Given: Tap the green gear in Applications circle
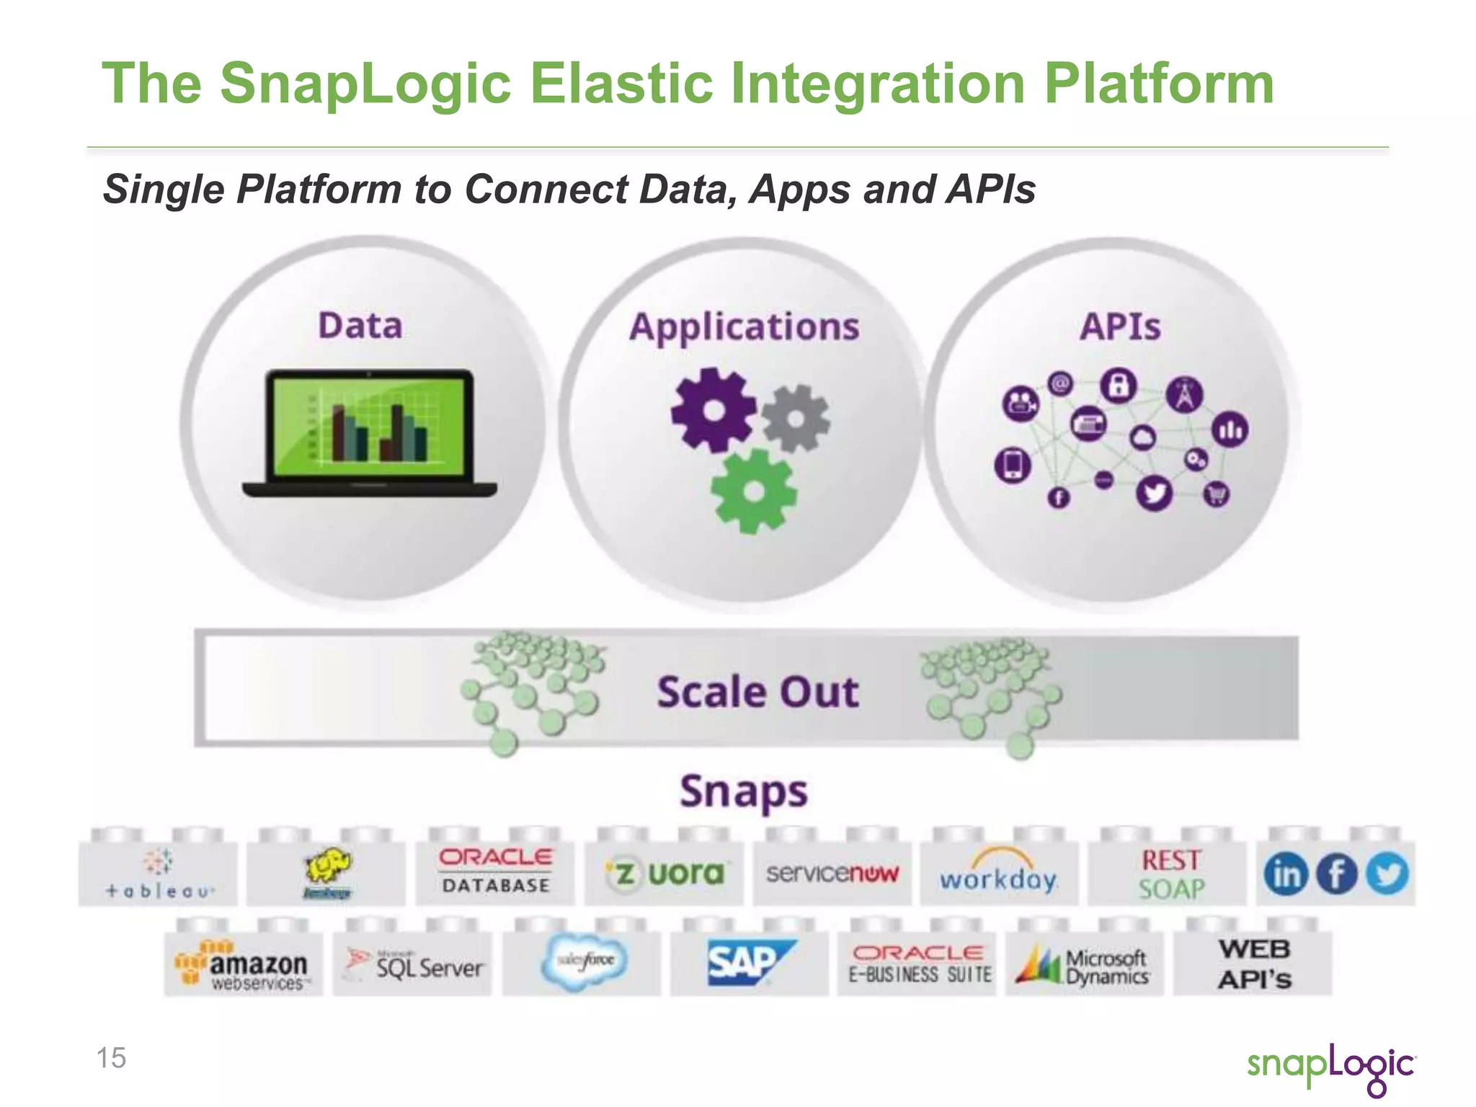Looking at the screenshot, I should click(x=754, y=492).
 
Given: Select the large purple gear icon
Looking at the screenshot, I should click(x=713, y=409).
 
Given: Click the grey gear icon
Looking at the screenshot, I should click(x=796, y=418).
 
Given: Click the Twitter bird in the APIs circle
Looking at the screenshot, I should click(x=1155, y=494).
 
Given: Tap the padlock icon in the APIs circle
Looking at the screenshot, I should click(x=1118, y=385).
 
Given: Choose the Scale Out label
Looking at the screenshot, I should click(x=757, y=692).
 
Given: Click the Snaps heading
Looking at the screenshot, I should click(x=744, y=792).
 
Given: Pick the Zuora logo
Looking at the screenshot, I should click(x=664, y=873).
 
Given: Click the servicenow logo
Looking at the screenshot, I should click(x=832, y=873).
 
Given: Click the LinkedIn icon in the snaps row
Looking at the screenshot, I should click(x=1285, y=874).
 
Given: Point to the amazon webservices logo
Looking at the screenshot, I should click(x=244, y=966).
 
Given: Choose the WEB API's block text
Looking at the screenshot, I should click(x=1254, y=964).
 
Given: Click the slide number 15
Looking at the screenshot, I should click(x=112, y=1058).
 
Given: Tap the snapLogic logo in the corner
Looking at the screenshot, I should click(x=1330, y=1067).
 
